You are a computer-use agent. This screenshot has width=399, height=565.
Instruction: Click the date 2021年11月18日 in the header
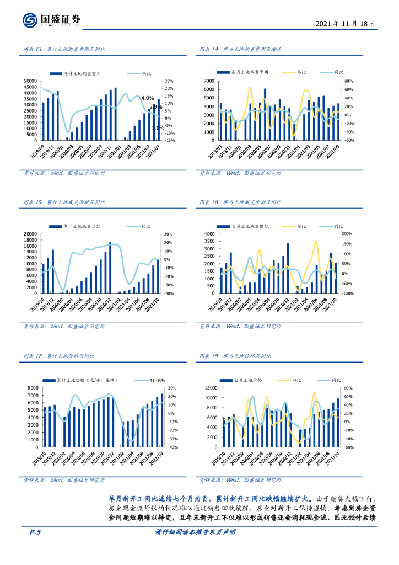coord(346,24)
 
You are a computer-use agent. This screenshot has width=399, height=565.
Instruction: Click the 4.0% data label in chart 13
coord(147,98)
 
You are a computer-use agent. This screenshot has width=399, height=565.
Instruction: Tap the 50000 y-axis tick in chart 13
coord(31,82)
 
